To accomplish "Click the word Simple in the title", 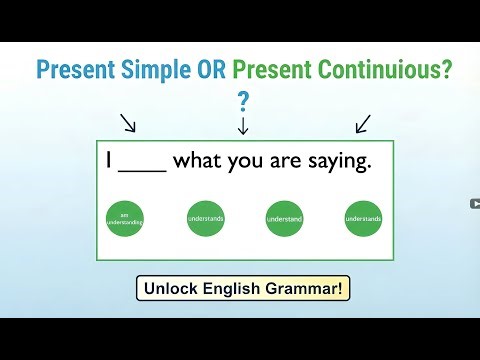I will [x=150, y=69].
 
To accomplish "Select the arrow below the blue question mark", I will [x=242, y=126].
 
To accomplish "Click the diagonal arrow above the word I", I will [x=129, y=123].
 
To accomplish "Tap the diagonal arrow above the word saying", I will [x=362, y=123].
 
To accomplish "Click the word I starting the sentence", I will [x=108, y=161].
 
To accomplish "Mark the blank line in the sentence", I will [x=142, y=170].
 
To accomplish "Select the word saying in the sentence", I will [x=339, y=163].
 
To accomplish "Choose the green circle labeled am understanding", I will [x=125, y=217].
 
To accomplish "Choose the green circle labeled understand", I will [x=283, y=217].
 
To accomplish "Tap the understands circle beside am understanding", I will [x=205, y=217].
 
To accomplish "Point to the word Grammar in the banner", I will [x=309, y=289].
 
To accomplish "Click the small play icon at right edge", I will [x=474, y=204].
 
